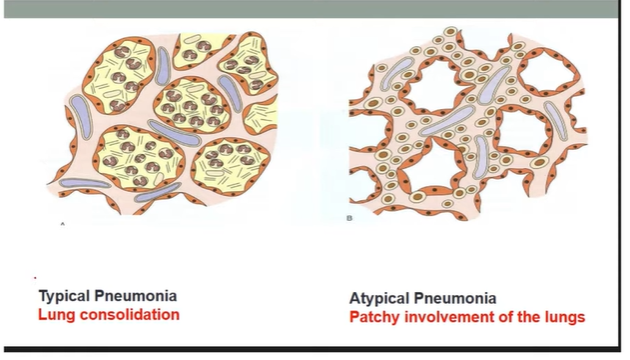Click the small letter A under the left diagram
(62, 225)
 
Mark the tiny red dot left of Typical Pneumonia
(35, 277)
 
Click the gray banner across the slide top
(315, 8)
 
